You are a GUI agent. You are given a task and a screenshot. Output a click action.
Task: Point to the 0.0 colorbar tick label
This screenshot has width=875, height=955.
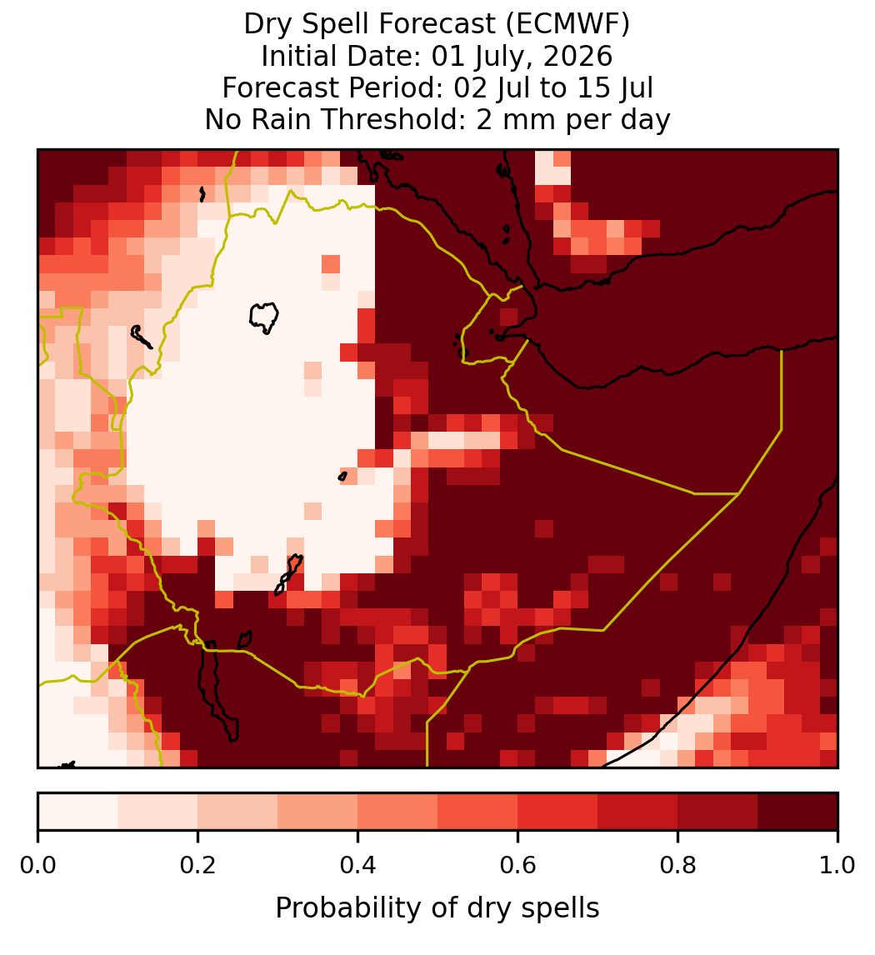pos(37,866)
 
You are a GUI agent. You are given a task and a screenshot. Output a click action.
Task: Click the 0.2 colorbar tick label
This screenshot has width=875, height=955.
pos(197,866)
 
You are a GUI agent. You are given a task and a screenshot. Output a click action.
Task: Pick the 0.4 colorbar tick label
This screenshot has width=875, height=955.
pos(358,866)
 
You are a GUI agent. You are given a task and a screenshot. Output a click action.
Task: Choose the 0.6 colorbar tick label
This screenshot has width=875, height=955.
pos(518,866)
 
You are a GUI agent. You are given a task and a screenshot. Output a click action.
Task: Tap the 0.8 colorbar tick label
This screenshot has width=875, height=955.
pos(678,866)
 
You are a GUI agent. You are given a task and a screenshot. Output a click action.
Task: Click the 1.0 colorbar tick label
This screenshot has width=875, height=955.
pos(837,866)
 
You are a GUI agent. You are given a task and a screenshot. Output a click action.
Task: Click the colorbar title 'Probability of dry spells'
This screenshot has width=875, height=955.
pos(437,908)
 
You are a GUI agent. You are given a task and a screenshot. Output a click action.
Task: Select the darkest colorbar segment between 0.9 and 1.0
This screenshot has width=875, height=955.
pos(797,812)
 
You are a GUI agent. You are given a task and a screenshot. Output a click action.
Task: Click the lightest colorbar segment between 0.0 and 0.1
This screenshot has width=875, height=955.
pos(78,812)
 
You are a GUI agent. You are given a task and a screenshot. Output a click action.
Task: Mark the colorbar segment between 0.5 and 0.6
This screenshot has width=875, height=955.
pos(478,812)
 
